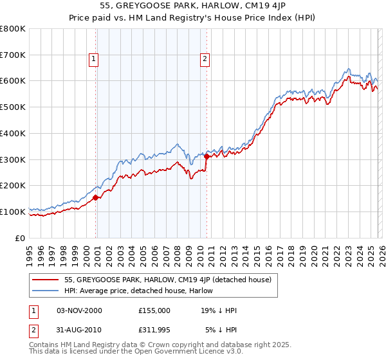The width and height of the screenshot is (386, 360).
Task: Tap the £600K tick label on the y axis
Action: coord(13,81)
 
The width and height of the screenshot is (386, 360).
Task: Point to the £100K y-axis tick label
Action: coord(13,212)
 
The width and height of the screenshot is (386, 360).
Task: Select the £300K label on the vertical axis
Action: coord(13,159)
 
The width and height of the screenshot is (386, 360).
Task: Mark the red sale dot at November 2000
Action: coord(96,197)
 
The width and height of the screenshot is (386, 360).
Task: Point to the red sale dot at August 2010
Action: coord(207,156)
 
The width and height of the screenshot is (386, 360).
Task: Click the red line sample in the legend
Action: coord(46,280)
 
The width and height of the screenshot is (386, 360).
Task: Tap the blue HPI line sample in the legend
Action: coord(46,290)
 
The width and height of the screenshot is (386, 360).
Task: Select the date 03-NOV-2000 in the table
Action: coord(79,310)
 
